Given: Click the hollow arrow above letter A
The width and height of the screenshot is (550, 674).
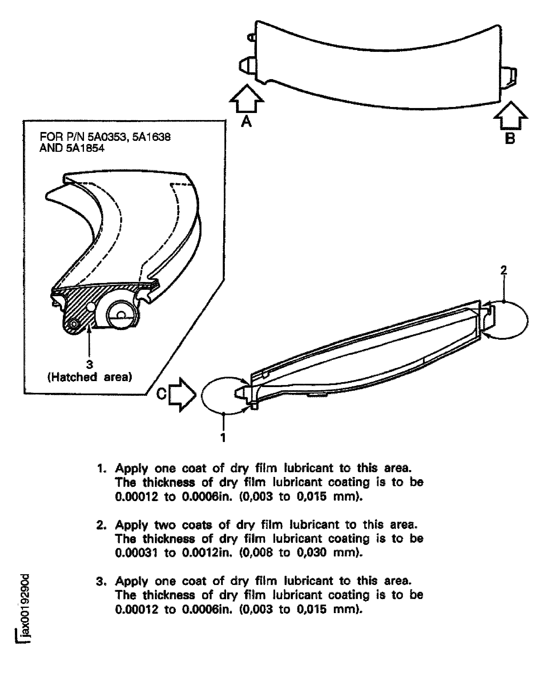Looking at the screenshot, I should click(x=247, y=99).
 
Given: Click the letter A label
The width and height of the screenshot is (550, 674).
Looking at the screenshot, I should click(x=246, y=121).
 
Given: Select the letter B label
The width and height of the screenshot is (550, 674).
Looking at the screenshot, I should click(x=510, y=138).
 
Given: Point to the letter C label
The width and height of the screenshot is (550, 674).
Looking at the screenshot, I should click(x=161, y=394).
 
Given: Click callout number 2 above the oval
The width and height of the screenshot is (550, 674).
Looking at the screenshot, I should click(x=503, y=270).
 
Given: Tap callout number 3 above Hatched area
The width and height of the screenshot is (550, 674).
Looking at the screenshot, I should click(x=90, y=365).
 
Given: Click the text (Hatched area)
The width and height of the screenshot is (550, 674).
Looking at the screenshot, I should click(x=90, y=377).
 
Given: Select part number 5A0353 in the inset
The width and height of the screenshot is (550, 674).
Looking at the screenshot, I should click(x=108, y=137).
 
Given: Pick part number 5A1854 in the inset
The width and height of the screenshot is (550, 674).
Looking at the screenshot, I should click(x=85, y=148).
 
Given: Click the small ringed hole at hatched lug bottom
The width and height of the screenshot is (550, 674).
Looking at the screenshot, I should click(x=74, y=324).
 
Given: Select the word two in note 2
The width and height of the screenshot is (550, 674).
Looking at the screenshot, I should click(x=165, y=525).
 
